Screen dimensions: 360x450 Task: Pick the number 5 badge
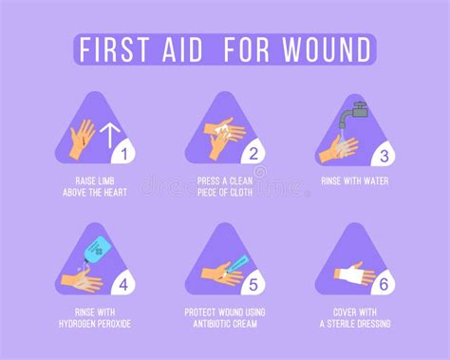tap(253, 281)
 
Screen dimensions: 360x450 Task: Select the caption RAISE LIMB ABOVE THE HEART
tap(94, 185)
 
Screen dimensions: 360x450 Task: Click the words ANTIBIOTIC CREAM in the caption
tap(226, 322)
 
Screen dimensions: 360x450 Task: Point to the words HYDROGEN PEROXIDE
tap(94, 322)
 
